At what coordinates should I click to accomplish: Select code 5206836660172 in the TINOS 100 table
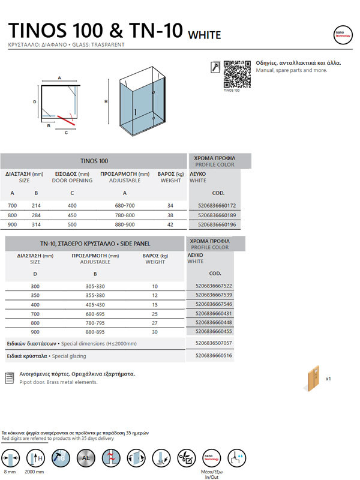[x=216, y=206]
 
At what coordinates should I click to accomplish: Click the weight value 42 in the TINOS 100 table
[x=170, y=225]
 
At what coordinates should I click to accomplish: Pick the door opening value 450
[x=71, y=215]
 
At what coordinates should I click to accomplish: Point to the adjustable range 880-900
[x=125, y=225]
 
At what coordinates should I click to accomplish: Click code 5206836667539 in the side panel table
[x=214, y=295]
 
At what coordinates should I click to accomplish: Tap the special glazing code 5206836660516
[x=214, y=356]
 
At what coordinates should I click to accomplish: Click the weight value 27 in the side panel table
[x=155, y=323]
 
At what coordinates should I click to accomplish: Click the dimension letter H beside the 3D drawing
[x=106, y=102]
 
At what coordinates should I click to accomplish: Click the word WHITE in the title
[x=205, y=35]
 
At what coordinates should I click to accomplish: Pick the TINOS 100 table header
[x=94, y=161]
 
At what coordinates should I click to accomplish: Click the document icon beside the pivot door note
[x=9, y=377]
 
